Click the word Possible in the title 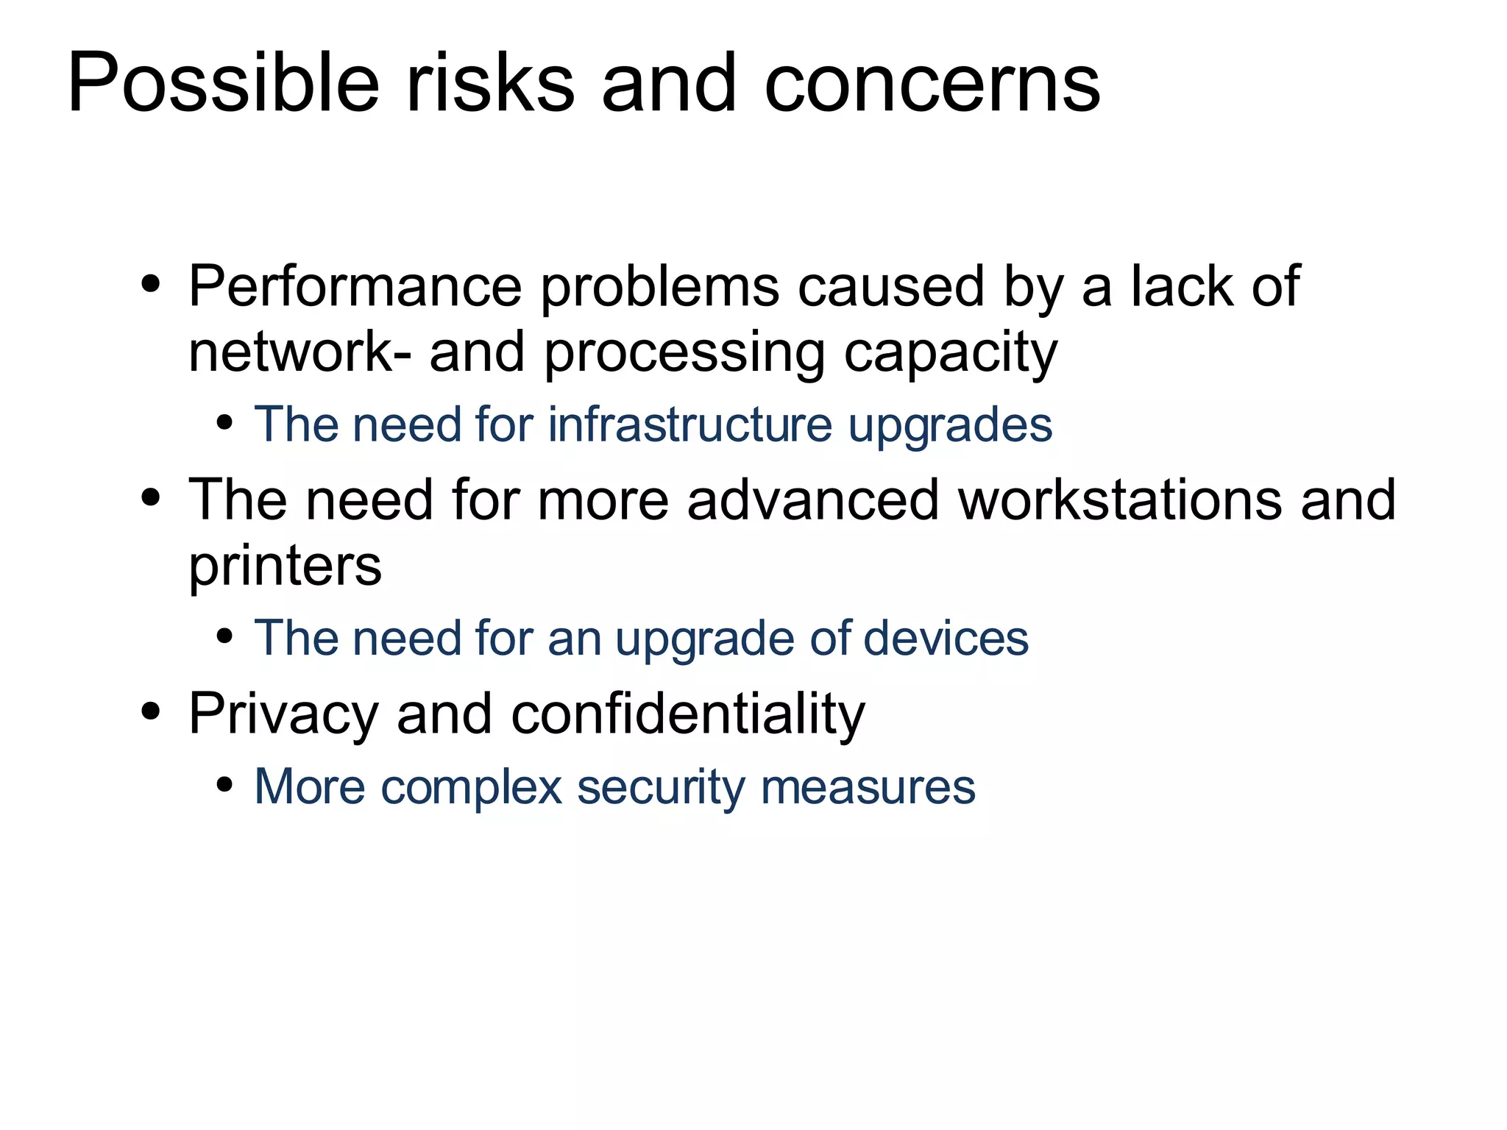point(223,82)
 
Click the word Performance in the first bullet point(355,286)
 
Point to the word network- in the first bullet point(300,353)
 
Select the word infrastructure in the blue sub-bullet point(689,424)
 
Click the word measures point(868,787)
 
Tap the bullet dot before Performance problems point(151,285)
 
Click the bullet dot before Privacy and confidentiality point(151,711)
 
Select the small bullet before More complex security point(225,785)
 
